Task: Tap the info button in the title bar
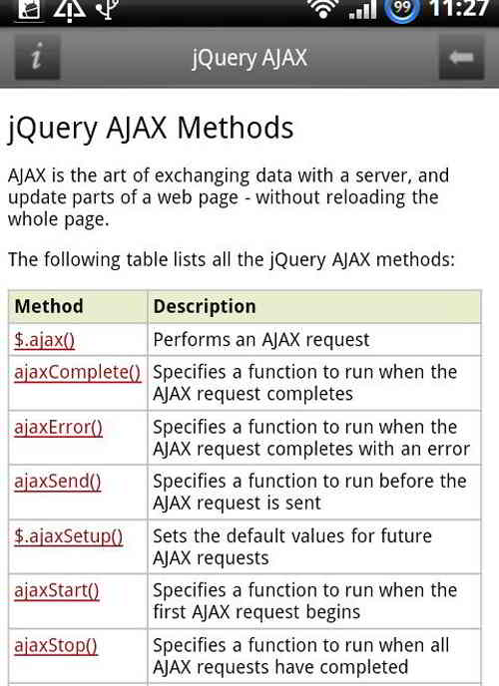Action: coord(37,58)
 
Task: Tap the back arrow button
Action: coord(461,58)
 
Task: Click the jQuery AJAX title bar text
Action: coord(249,58)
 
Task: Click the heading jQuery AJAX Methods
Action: coord(151,128)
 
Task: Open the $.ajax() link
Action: coord(44,339)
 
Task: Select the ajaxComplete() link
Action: coord(78,372)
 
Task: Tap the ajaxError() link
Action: coord(58,427)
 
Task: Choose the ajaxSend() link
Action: coord(57,481)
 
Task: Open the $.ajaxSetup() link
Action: coord(68,535)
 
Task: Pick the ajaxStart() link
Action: coord(56,590)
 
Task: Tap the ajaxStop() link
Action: coord(55,645)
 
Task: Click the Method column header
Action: coord(49,306)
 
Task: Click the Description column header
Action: coord(205,306)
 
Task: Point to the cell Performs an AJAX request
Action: coord(261,339)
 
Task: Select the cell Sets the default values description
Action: coord(292,546)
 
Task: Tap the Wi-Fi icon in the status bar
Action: coord(322,10)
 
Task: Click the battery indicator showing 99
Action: coord(402,11)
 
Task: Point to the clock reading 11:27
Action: coord(458,10)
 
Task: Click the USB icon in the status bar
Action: coord(105,10)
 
